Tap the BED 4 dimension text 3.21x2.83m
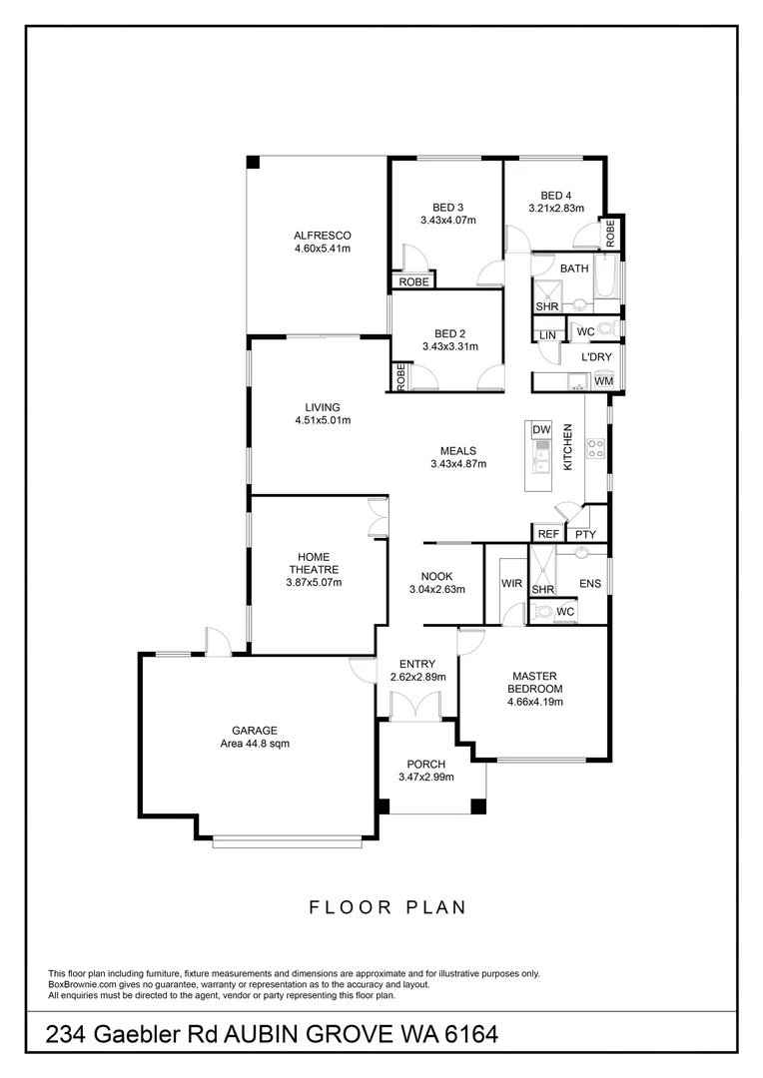[x=555, y=209]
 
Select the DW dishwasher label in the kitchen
[x=541, y=429]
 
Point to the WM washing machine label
[x=603, y=381]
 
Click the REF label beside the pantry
[x=548, y=534]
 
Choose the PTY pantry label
[x=586, y=534]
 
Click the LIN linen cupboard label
[x=547, y=335]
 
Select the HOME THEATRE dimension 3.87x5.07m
[x=315, y=582]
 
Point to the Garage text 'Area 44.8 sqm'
[x=255, y=743]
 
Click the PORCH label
[x=426, y=765]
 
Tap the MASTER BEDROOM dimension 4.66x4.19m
[x=535, y=702]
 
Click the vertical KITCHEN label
[x=567, y=447]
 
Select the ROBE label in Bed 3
[x=413, y=282]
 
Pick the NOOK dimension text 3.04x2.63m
[x=437, y=589]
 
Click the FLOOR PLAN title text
[x=388, y=907]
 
